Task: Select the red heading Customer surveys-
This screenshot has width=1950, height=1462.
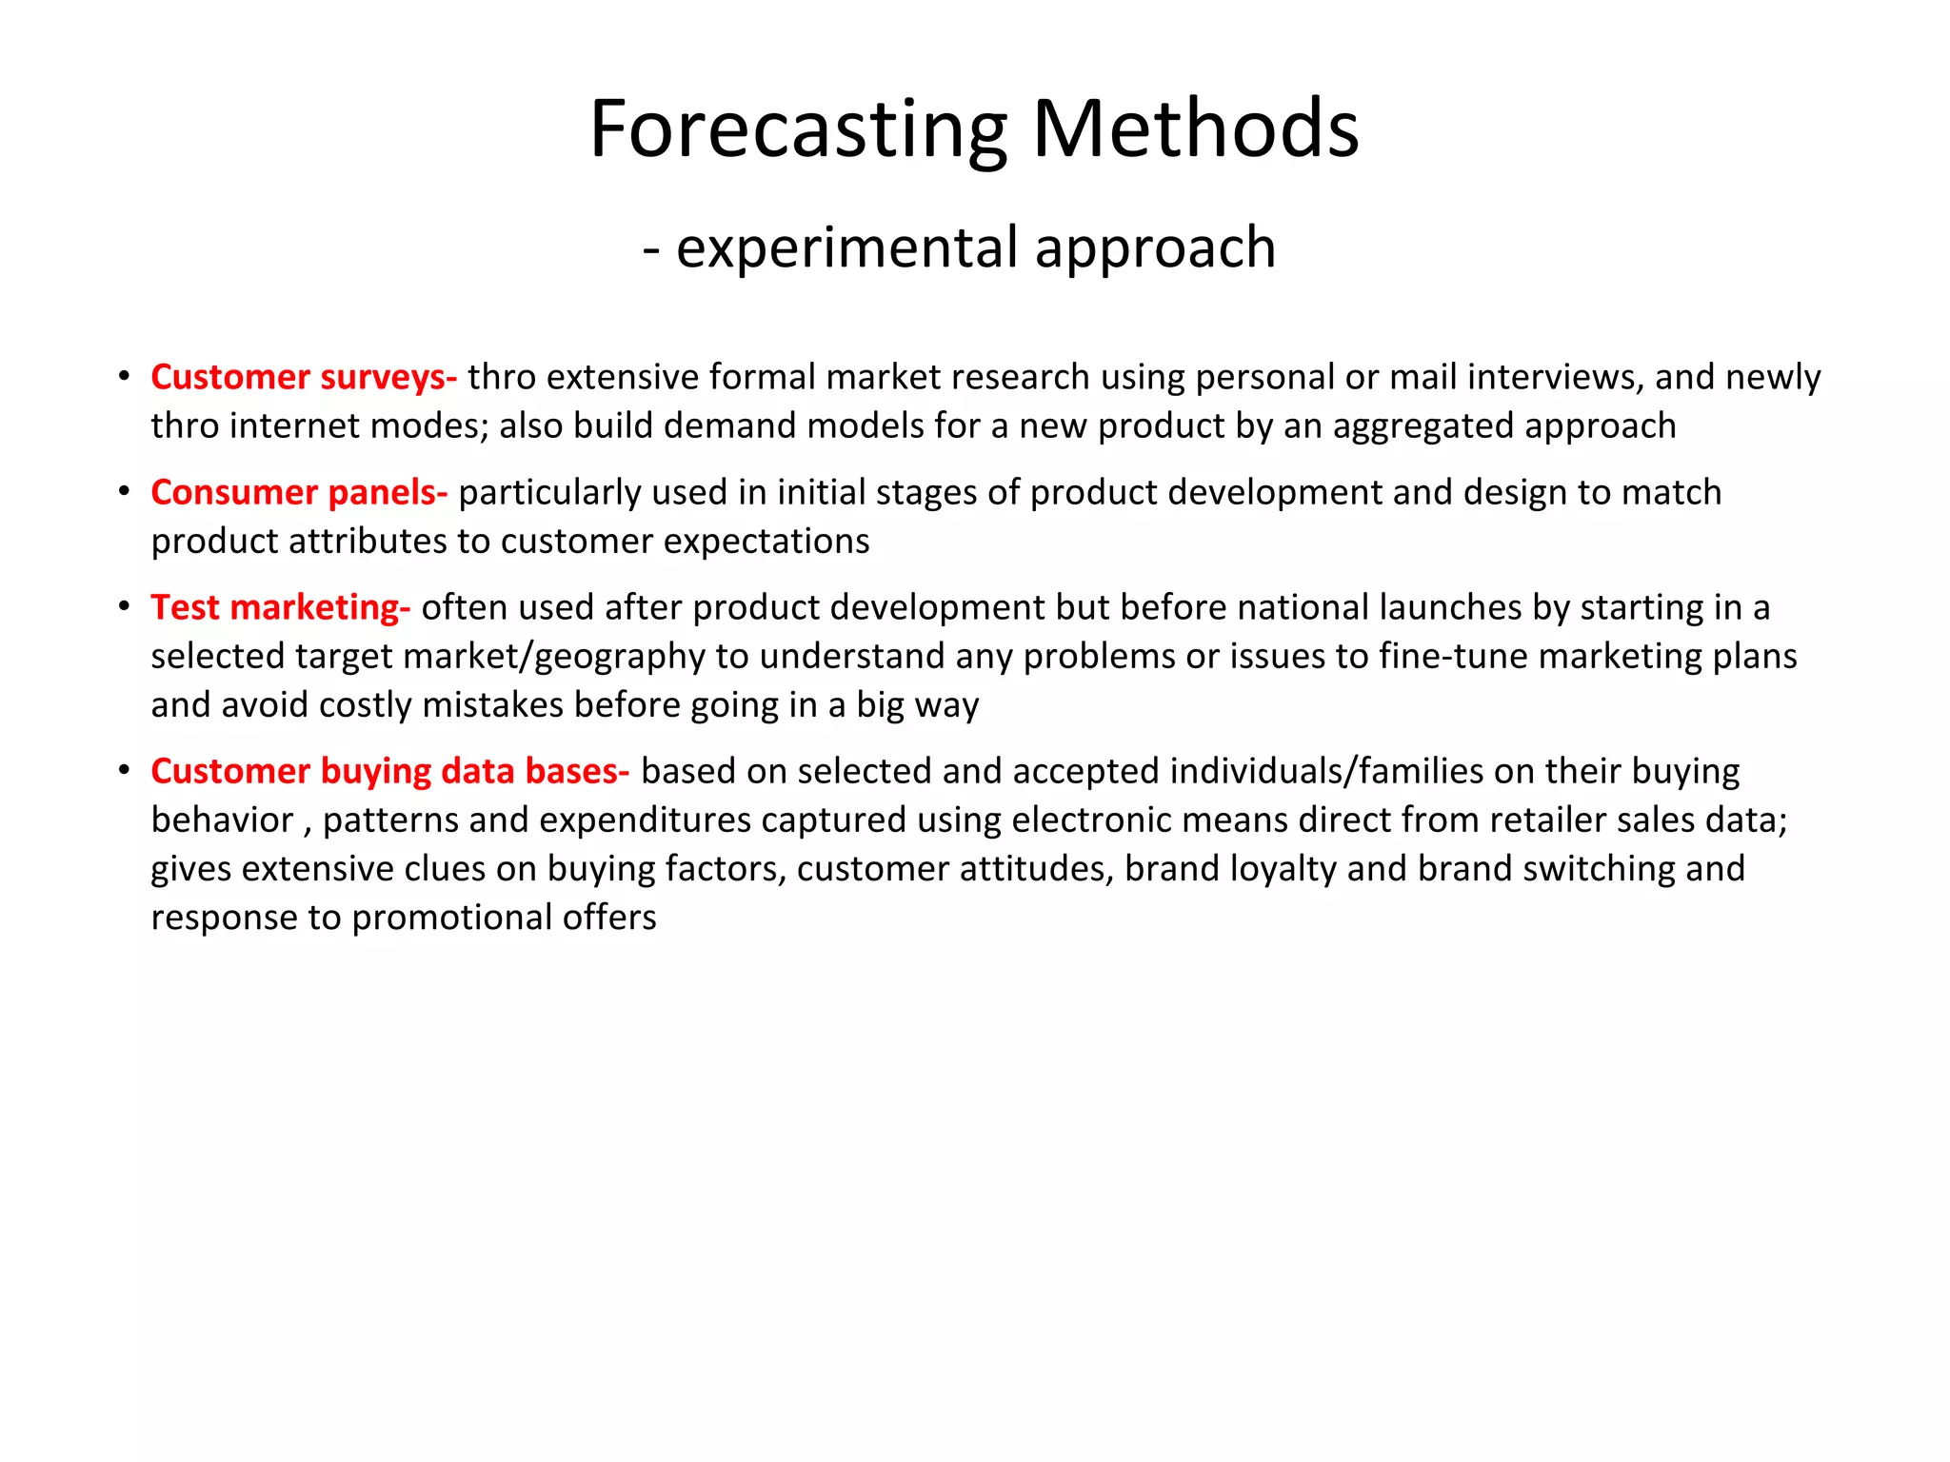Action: click(x=304, y=377)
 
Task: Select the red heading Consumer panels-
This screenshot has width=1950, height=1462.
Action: click(x=299, y=492)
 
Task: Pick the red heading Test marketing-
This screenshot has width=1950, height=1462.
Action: click(x=281, y=607)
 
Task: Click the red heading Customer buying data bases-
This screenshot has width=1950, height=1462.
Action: click(x=390, y=771)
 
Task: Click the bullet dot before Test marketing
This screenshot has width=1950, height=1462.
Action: click(x=124, y=607)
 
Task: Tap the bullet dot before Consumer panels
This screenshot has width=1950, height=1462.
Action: click(x=124, y=492)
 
